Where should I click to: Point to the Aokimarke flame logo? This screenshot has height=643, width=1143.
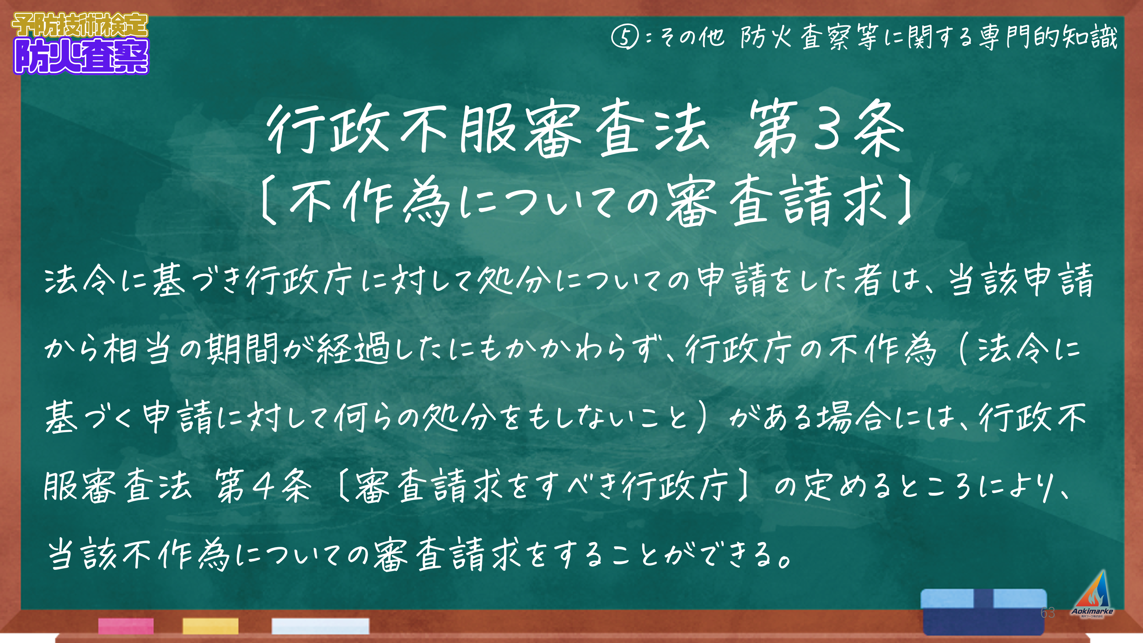pos(1092,593)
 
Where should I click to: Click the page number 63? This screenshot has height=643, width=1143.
pos(1048,613)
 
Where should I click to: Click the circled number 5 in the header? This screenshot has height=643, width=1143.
pos(625,37)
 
